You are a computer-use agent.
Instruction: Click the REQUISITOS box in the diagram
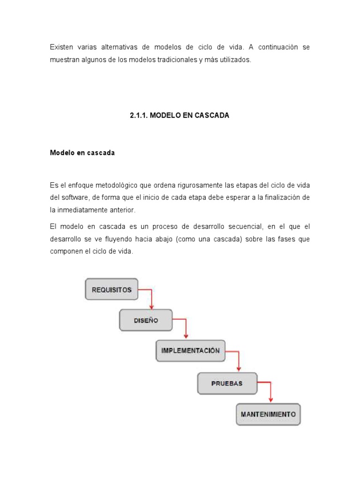pyautogui.click(x=112, y=290)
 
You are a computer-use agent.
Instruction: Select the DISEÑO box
pyautogui.click(x=145, y=321)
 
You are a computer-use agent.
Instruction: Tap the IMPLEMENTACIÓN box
pyautogui.click(x=190, y=351)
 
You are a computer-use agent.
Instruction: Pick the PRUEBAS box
pyautogui.click(x=227, y=383)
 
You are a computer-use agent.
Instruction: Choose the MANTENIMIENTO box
pyautogui.click(x=268, y=414)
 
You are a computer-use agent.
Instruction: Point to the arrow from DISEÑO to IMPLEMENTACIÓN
pyautogui.click(x=186, y=328)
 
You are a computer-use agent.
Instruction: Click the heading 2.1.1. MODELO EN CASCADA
pyautogui.click(x=180, y=115)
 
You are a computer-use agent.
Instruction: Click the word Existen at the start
pyautogui.click(x=61, y=47)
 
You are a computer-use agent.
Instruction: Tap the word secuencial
pyautogui.click(x=239, y=226)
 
